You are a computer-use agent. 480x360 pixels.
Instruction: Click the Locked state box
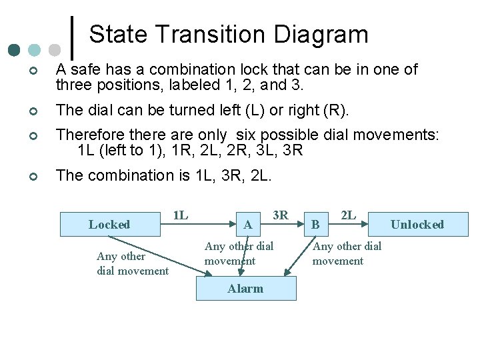tap(110, 225)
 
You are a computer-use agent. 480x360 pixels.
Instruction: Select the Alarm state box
tap(245, 288)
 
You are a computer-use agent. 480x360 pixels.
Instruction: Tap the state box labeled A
tap(248, 225)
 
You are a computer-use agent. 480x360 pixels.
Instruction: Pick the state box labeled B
tap(317, 225)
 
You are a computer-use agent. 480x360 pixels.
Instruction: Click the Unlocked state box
tap(417, 225)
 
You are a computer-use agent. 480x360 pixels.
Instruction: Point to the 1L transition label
tap(180, 215)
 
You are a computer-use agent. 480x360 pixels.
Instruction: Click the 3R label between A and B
tap(281, 215)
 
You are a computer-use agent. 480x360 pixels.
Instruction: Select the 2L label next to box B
tap(348, 215)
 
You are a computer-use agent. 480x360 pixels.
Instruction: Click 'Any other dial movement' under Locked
tap(132, 263)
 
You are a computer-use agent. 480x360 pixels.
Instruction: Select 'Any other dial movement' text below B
tap(347, 253)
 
